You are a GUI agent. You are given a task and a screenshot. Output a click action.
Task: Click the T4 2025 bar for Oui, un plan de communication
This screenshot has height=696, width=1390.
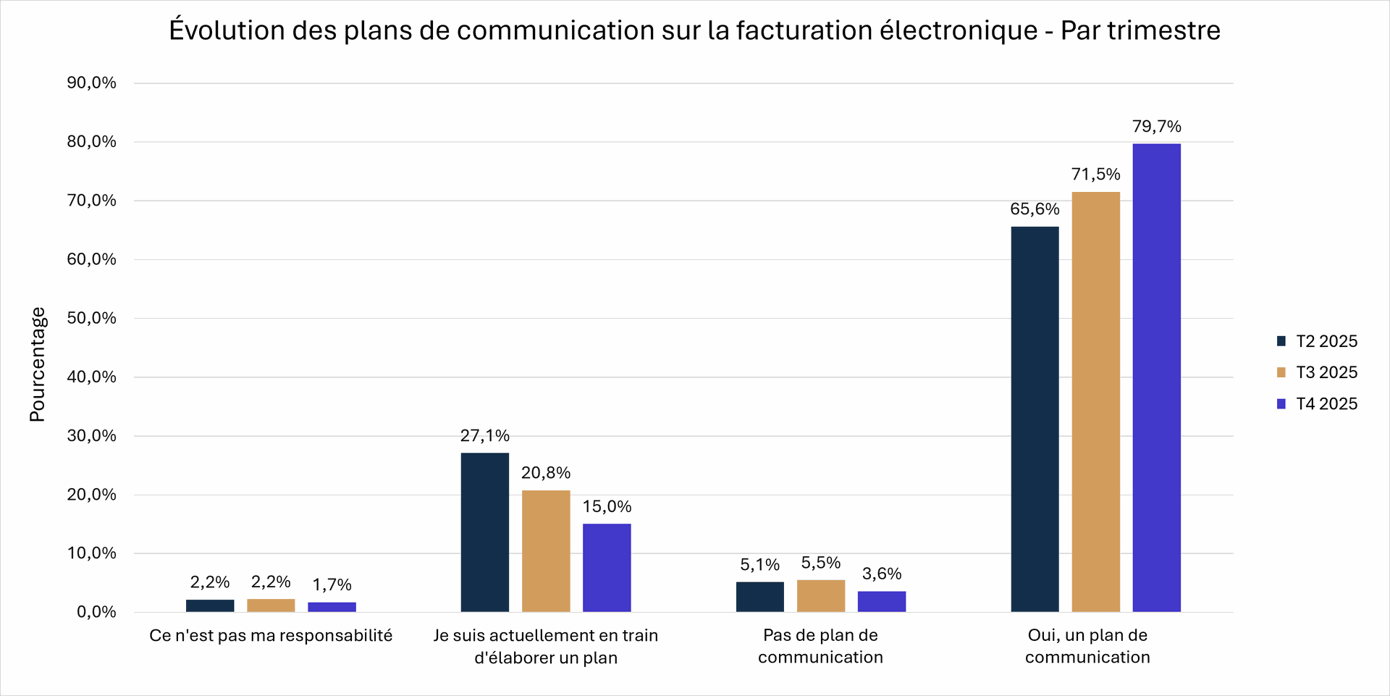click(x=1156, y=377)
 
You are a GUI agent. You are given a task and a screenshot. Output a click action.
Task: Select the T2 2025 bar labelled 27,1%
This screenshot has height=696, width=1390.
click(x=484, y=532)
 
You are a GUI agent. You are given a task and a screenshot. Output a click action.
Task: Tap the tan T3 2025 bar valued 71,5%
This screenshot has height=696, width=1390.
click(x=1095, y=402)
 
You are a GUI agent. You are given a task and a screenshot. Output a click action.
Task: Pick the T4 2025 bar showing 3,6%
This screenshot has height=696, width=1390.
click(x=881, y=602)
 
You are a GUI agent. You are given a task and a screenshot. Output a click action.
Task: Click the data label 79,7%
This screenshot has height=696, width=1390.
click(x=1156, y=127)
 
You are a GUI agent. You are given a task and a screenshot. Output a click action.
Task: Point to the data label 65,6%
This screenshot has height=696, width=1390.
click(x=1035, y=209)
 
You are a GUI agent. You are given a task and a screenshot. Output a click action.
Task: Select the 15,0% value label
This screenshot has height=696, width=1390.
click(x=607, y=507)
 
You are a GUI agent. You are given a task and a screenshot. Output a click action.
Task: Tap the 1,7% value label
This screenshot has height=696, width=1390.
click(x=332, y=585)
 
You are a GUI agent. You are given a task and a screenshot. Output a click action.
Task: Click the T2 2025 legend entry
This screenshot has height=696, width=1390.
click(x=1317, y=341)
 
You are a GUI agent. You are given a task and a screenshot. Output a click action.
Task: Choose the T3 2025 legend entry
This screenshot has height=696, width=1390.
click(x=1317, y=372)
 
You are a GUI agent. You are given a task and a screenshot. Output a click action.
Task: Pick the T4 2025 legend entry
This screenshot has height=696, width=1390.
click(x=1317, y=404)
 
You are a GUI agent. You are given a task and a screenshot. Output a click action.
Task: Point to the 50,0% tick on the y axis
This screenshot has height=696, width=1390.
click(x=91, y=318)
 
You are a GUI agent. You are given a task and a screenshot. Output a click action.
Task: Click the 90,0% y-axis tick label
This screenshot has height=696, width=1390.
click(x=91, y=83)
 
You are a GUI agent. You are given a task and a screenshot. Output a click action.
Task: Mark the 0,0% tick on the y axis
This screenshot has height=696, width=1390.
click(x=96, y=612)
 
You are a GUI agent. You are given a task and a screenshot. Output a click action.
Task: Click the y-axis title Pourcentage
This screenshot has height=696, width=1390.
click(x=37, y=364)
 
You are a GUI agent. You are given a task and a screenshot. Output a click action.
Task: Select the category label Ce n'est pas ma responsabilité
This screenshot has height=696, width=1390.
click(x=271, y=636)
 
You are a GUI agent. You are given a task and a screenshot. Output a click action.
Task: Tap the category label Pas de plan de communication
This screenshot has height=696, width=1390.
click(x=820, y=646)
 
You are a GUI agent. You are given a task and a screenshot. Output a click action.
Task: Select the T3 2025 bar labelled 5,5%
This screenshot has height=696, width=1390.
click(x=820, y=596)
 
